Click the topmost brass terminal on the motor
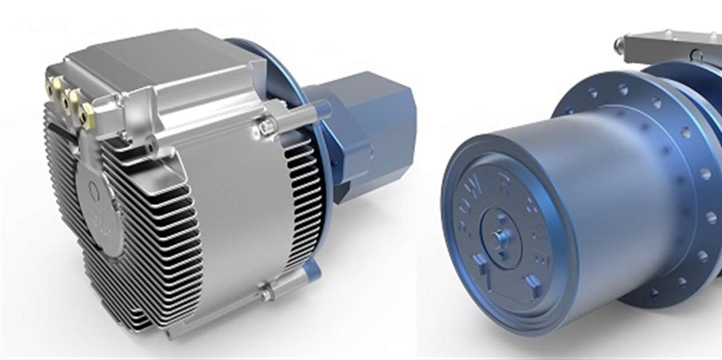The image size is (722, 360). pyautogui.click(x=56, y=87)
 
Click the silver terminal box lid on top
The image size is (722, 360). pyautogui.click(x=155, y=57)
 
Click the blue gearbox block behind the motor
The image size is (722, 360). pyautogui.click(x=367, y=132)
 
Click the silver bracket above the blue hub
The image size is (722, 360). pyautogui.click(x=670, y=49)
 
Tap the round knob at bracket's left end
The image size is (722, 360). pyautogui.click(x=619, y=46)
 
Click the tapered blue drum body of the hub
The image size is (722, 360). pyautogui.click(x=602, y=183)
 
